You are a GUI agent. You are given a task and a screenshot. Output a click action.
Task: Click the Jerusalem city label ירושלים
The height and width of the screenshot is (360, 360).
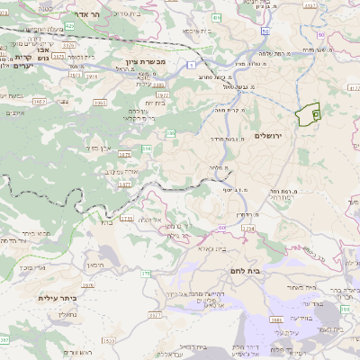point(268,135)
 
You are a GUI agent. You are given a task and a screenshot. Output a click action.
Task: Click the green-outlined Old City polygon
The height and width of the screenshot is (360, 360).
point(309,115)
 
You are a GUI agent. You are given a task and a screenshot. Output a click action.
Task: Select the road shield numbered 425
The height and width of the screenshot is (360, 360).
point(69,26)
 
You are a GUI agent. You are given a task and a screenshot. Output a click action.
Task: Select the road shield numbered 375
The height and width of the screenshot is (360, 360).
point(144,271)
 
